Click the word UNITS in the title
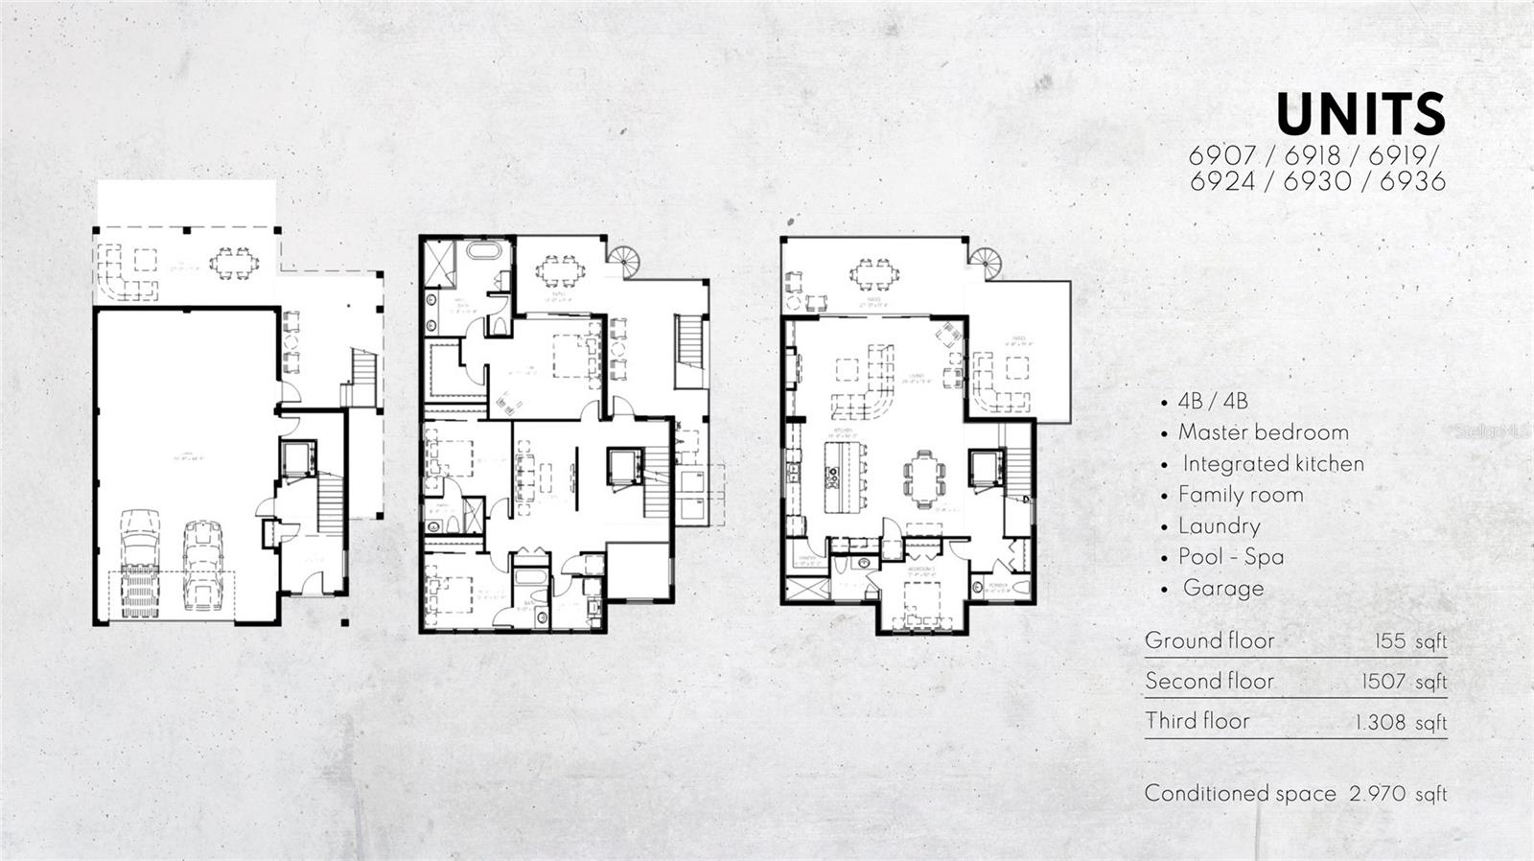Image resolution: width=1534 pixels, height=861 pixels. click(x=1360, y=115)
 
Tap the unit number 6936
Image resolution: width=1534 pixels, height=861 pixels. click(x=1411, y=181)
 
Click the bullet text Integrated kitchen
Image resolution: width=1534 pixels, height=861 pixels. click(x=1272, y=464)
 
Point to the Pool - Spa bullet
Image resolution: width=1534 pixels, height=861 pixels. click(x=1231, y=557)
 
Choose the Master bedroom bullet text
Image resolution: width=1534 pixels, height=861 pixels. click(x=1263, y=432)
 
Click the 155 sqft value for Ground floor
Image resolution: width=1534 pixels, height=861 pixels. click(x=1409, y=641)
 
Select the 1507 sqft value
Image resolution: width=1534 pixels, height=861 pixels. click(x=1404, y=682)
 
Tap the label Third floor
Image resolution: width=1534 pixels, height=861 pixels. click(x=1197, y=721)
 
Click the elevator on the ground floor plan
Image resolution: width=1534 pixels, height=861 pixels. click(x=296, y=460)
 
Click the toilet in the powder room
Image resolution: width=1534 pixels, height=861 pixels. click(x=1021, y=587)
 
